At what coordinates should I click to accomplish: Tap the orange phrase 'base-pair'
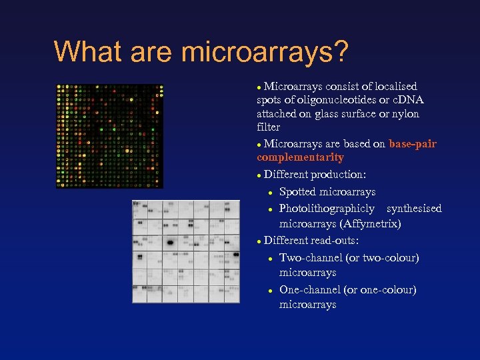[x=413, y=143]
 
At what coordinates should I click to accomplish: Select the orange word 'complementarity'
[x=300, y=158]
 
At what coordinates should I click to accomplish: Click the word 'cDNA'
[x=407, y=100]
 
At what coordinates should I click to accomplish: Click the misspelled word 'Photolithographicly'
[x=327, y=209]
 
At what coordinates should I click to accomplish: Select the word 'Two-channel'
[x=311, y=257]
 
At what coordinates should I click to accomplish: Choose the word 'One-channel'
[x=310, y=289]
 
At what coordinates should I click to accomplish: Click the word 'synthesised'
[x=414, y=209]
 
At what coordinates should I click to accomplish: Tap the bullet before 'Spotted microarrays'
[x=270, y=193]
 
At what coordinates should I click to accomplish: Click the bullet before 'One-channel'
[x=270, y=290]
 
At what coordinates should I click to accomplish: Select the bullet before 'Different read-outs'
[x=259, y=241]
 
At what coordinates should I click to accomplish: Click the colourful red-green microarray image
[x=109, y=135]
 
